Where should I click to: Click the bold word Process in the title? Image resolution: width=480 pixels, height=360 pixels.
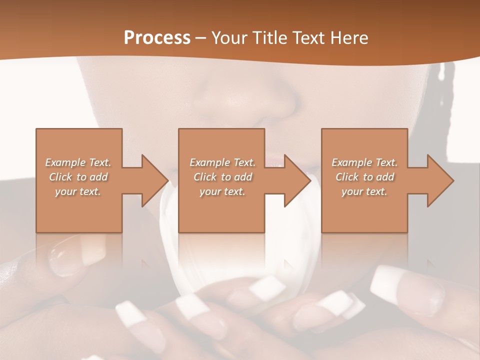click(157, 37)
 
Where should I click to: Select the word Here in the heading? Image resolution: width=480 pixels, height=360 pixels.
click(348, 37)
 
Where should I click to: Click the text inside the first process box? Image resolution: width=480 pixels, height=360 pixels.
click(78, 177)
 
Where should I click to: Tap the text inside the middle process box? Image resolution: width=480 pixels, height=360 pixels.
click(222, 177)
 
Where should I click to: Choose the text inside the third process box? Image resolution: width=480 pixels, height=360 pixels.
click(364, 177)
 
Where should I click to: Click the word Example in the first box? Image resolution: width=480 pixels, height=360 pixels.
click(65, 162)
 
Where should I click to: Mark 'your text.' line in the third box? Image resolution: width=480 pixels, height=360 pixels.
click(364, 191)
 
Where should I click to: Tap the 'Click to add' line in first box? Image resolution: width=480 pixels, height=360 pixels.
click(78, 177)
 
